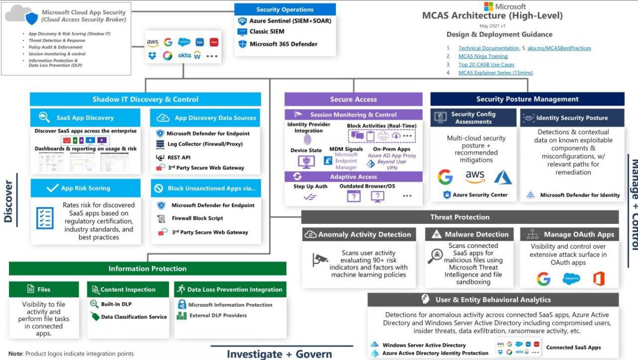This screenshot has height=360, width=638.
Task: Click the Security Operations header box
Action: click(x=285, y=10)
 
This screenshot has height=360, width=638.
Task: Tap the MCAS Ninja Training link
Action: click(x=483, y=56)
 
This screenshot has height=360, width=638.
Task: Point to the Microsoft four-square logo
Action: click(x=489, y=6)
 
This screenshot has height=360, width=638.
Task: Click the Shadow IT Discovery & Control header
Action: click(x=145, y=99)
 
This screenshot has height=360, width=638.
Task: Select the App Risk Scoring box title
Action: click(x=86, y=188)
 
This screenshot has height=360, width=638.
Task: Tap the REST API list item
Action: click(x=179, y=157)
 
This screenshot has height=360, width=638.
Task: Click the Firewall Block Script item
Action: click(x=197, y=218)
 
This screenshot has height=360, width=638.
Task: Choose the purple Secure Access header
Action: click(x=353, y=99)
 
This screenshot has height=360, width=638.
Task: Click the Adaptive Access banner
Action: click(x=353, y=177)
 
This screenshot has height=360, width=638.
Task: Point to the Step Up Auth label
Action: click(x=310, y=187)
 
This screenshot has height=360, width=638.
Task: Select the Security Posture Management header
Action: click(x=527, y=99)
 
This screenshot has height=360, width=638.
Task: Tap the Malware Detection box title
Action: click(x=476, y=235)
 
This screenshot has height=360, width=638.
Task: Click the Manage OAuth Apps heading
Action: click(x=578, y=235)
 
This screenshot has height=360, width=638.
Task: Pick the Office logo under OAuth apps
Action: click(x=599, y=279)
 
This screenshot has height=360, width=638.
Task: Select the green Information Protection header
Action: click(x=147, y=269)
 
